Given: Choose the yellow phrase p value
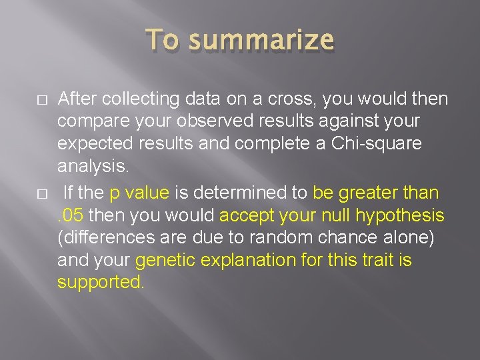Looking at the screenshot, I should click(139, 193).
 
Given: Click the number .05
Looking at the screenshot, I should click(71, 215).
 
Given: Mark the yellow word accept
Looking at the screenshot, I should click(250, 215).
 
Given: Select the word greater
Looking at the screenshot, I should click(371, 193).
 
